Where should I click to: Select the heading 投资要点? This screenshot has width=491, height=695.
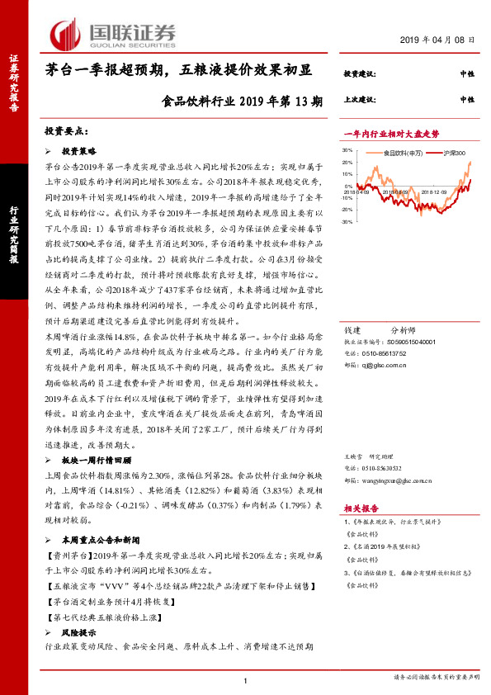pos(65,132)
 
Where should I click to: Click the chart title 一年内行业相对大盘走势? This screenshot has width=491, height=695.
pos(391,133)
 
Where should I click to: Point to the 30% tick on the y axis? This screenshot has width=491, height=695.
pos(347,150)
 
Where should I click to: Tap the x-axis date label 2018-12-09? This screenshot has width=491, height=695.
pos(429,191)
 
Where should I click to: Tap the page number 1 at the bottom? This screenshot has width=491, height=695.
pos(245,680)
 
